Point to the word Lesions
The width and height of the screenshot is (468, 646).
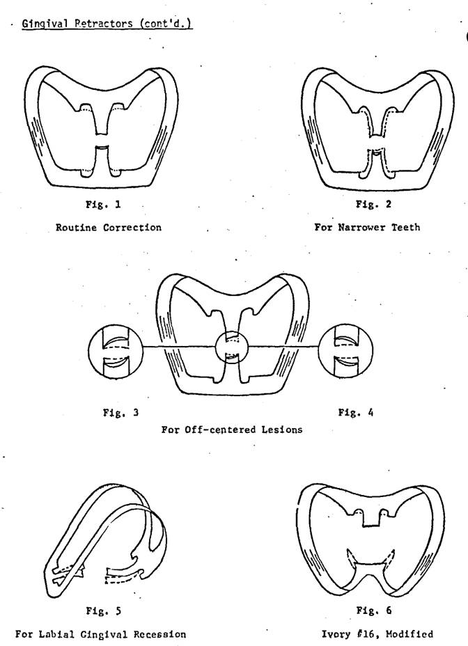[282, 430]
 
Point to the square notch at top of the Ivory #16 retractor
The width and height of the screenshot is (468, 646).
[373, 519]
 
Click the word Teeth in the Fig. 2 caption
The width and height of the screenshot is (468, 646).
[405, 228]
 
